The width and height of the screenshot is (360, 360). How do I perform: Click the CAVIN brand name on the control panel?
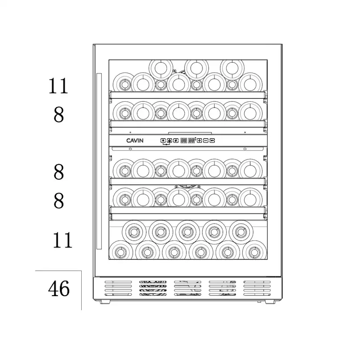(x=135, y=140)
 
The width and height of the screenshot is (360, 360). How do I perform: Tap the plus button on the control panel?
(x=199, y=140)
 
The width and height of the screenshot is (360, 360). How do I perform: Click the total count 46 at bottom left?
(x=59, y=288)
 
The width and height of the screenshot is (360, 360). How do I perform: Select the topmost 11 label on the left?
(x=58, y=86)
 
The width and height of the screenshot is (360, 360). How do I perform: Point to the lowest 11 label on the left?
(x=63, y=240)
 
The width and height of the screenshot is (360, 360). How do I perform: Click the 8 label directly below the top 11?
(x=59, y=115)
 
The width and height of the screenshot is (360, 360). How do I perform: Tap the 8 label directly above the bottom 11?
(x=59, y=200)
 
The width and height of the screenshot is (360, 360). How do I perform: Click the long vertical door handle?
(x=99, y=161)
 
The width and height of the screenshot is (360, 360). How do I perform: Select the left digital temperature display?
(x=183, y=140)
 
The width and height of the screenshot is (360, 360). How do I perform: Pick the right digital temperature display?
(x=191, y=140)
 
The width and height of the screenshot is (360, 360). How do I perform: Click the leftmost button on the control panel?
(x=163, y=140)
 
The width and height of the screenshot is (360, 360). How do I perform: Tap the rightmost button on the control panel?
(x=212, y=140)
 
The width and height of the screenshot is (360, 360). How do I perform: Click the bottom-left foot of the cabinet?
(x=105, y=302)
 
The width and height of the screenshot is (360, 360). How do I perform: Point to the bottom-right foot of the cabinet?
(x=270, y=302)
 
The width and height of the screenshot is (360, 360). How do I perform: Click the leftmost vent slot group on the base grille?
(x=118, y=288)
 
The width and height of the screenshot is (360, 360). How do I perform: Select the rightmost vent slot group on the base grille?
(x=257, y=288)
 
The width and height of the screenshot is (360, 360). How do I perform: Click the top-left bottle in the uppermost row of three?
(x=161, y=68)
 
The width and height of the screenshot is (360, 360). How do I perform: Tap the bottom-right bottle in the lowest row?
(x=254, y=252)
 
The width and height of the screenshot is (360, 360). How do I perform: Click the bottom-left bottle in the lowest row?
(x=121, y=252)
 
